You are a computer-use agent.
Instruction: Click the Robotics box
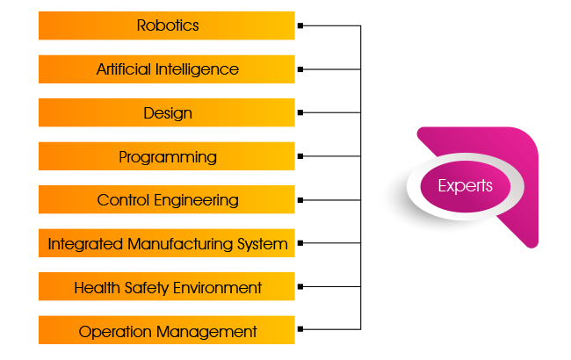[x=167, y=25]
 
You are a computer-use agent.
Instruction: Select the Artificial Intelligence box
[x=167, y=69]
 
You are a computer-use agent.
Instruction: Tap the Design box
[x=167, y=113]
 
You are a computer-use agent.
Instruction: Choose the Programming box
[x=167, y=156]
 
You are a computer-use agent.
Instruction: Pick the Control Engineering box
[x=167, y=200]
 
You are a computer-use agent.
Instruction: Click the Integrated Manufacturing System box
[x=167, y=243]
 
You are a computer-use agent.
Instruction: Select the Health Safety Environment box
[x=167, y=287]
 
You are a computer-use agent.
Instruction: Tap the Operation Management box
[x=167, y=331]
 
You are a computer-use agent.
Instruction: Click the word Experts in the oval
[x=466, y=186]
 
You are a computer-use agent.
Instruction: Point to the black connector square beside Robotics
[x=300, y=25]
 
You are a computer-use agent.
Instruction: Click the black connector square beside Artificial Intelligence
[x=300, y=68]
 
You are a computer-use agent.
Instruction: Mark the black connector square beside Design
[x=300, y=112]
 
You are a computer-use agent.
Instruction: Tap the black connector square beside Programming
[x=300, y=155]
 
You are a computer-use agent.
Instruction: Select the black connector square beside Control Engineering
[x=300, y=199]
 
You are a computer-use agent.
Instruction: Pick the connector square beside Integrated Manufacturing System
[x=300, y=242]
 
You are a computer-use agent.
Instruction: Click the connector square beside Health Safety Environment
[x=300, y=286]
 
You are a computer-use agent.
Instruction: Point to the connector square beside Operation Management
[x=300, y=329]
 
